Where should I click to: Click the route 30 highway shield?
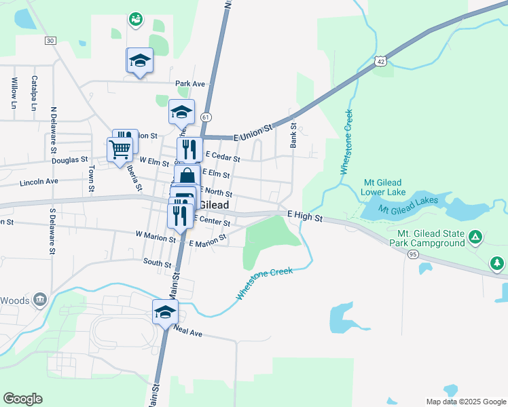coord(50,41)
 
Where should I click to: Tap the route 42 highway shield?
coord(382,61)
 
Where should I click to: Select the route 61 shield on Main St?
coord(205,117)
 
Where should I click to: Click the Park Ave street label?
coord(190,84)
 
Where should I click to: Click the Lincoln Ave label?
coord(39,182)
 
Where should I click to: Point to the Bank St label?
coord(294,135)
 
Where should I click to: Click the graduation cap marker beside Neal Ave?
coord(165,312)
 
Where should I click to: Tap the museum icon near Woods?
coord(40,299)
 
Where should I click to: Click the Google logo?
coord(22,399)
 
